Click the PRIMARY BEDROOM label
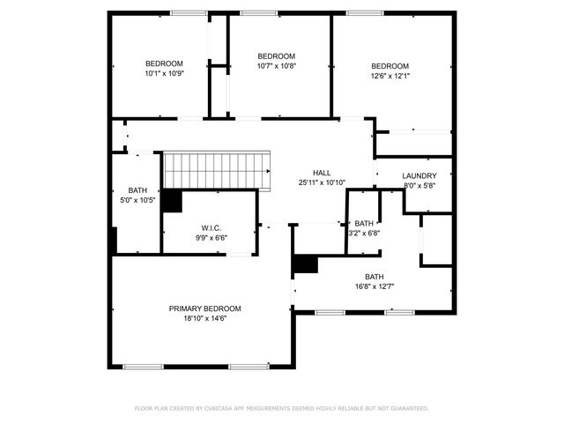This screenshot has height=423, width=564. click(204, 308)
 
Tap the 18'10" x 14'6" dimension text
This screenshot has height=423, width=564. click(204, 318)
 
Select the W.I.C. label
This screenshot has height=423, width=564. click(211, 228)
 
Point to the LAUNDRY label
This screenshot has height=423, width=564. click(419, 175)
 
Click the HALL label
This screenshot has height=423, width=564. click(322, 173)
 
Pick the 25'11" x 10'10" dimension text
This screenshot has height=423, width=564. click(322, 182)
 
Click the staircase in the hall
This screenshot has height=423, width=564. click(217, 168)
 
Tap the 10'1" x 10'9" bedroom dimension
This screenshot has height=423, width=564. click(164, 73)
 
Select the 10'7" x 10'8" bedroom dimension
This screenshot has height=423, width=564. click(277, 66)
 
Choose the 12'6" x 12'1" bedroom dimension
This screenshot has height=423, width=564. click(390, 76)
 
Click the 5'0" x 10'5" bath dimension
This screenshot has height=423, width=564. click(137, 200)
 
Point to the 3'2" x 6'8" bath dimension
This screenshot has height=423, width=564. click(365, 234)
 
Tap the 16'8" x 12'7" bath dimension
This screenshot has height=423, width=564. click(375, 286)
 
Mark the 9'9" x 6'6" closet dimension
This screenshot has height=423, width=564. click(211, 238)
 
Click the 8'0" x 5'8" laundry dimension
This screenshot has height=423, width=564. click(419, 185)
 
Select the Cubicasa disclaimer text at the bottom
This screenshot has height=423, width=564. click(281, 408)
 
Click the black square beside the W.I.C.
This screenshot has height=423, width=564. click(171, 201)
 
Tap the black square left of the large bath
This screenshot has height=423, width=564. click(305, 263)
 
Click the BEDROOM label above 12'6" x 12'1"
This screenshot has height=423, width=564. click(390, 66)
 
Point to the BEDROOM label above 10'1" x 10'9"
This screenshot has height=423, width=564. click(164, 63)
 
